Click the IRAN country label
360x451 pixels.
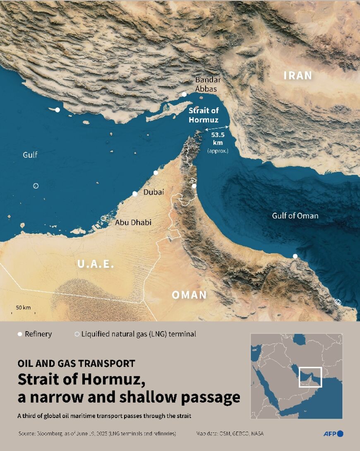298,75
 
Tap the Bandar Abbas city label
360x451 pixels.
208,84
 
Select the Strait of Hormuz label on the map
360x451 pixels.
204,115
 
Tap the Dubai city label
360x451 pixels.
154,192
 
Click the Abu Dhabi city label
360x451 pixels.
133,222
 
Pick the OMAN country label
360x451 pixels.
189,295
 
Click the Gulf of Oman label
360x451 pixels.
295,216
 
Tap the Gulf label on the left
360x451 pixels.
30,155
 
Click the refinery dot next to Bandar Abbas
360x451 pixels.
184,94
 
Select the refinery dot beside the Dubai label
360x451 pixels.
135,193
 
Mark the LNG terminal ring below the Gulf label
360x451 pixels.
36,186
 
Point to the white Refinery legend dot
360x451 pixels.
19,334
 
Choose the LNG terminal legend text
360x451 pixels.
139,334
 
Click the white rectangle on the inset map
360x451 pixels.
310,377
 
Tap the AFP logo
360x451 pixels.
333,434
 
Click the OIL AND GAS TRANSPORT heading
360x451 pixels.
76,364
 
